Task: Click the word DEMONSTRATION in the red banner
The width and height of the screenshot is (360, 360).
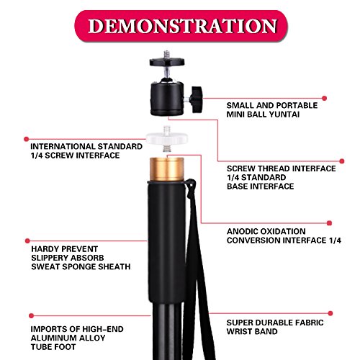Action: [x=182, y=26]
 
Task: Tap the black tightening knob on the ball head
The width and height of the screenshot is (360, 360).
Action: [x=196, y=99]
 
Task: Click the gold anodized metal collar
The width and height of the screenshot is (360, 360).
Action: [x=167, y=169]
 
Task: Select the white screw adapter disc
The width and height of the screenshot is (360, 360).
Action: [x=167, y=139]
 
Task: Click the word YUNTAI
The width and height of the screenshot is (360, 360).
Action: [x=284, y=114]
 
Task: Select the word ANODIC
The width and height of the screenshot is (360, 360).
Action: [x=242, y=231]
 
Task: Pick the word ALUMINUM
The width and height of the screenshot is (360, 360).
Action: [x=54, y=338]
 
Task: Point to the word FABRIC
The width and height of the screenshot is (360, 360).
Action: [x=310, y=323]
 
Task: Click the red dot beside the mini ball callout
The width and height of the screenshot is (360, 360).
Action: [x=324, y=98]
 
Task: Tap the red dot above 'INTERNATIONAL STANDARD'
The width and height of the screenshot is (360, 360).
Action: [x=27, y=139]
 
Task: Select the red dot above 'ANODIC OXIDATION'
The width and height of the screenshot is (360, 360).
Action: [x=329, y=223]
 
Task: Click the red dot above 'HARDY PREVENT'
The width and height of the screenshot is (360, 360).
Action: [x=27, y=240]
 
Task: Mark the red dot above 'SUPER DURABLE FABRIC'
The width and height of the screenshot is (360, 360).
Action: [x=330, y=313]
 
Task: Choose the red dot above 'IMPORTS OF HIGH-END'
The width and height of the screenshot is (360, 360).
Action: [x=31, y=315]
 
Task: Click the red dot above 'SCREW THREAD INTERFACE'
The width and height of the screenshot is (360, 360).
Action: [x=342, y=161]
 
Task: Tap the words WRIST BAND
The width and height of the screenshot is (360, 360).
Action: [x=252, y=331]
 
